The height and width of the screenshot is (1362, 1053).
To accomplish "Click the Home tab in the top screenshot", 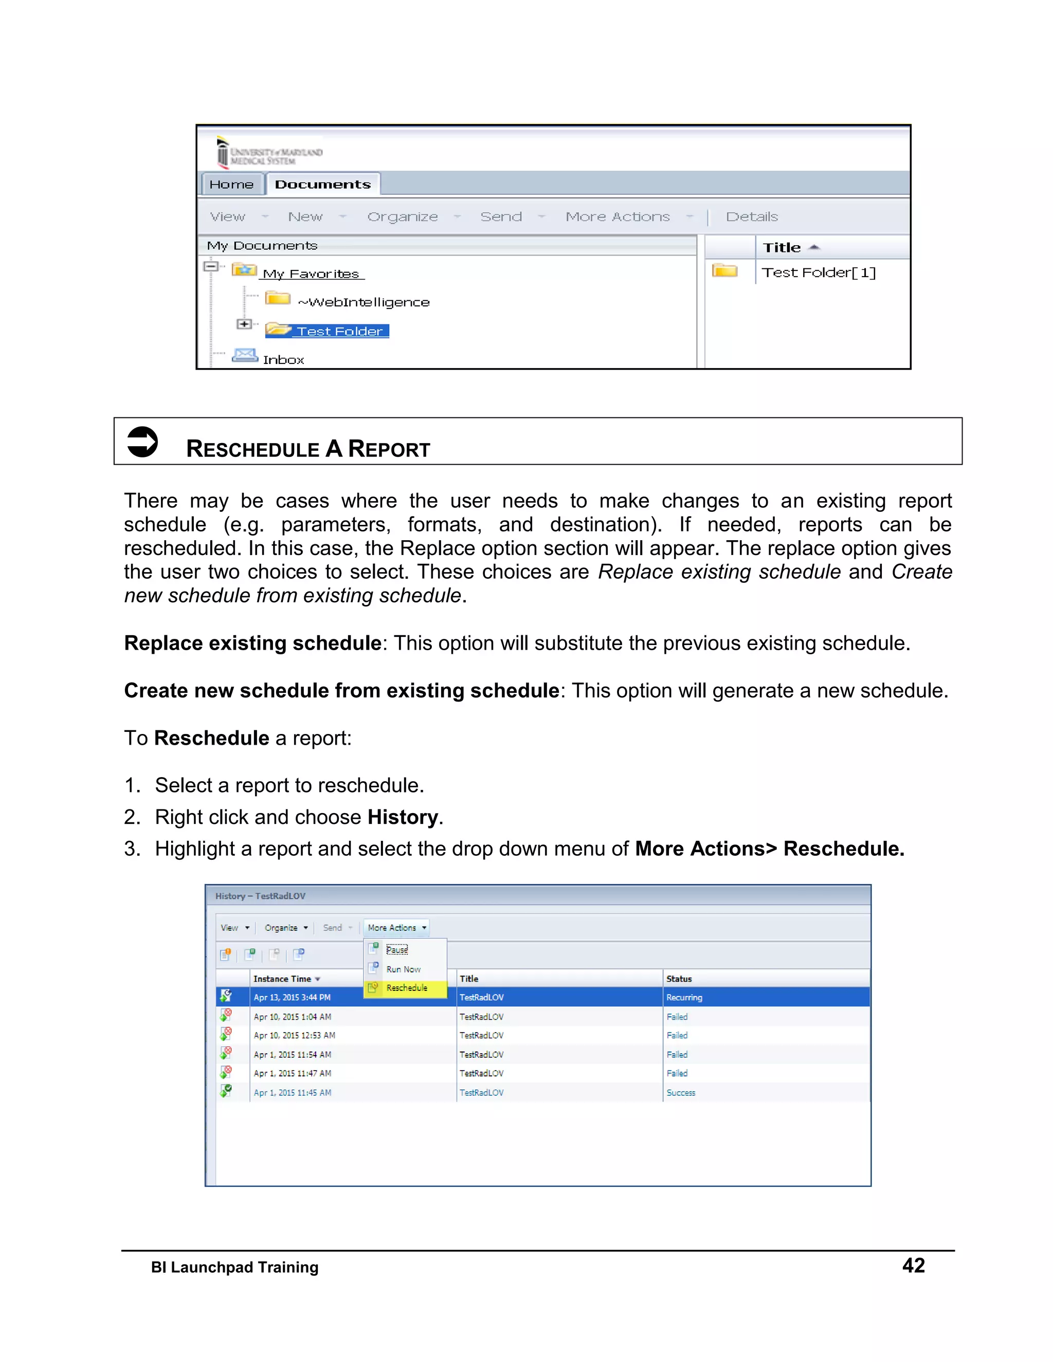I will tap(231, 185).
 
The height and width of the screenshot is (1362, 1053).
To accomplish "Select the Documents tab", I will tap(322, 185).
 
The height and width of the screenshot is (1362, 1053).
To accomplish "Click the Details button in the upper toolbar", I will tap(752, 217).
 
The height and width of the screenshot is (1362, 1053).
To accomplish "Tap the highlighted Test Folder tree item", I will tap(339, 331).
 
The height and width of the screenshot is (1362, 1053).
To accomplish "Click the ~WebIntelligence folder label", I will tap(364, 302).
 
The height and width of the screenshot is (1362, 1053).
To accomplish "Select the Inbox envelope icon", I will tap(245, 356).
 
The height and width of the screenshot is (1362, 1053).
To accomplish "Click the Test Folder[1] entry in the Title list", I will tap(819, 272).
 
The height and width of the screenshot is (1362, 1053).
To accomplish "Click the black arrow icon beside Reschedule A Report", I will tap(142, 442).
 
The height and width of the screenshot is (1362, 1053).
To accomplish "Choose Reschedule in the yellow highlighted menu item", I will tap(407, 988).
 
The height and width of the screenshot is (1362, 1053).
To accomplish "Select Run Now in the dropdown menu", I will tap(404, 969).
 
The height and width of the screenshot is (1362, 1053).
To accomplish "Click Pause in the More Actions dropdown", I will tap(397, 950).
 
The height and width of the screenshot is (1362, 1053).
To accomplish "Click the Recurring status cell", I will tap(684, 997).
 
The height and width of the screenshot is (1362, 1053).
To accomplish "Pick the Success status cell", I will tap(681, 1093).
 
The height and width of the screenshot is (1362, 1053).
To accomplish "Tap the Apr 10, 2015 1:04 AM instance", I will tap(292, 1017).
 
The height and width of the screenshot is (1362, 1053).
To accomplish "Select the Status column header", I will tap(679, 979).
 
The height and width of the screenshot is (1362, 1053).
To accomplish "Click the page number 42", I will tap(913, 1265).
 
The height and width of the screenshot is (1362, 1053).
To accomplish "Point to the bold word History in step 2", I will tap(403, 817).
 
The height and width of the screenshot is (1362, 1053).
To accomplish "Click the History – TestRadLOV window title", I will tap(260, 896).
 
